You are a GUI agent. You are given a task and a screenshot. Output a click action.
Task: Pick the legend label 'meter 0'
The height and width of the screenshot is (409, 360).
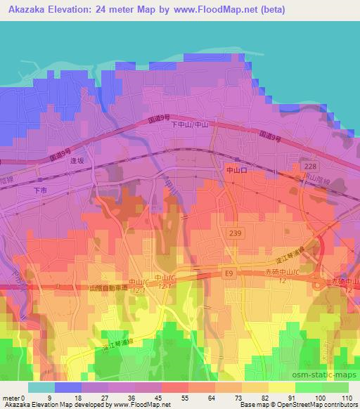14,398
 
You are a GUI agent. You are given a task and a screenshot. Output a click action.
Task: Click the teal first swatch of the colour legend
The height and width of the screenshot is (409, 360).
41,387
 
